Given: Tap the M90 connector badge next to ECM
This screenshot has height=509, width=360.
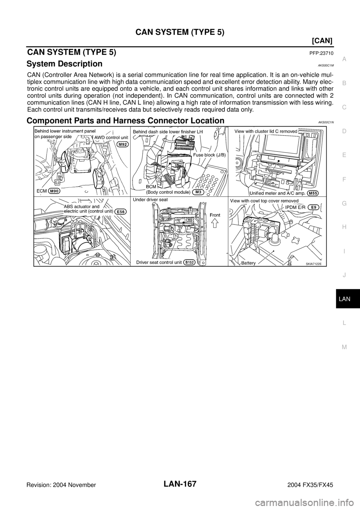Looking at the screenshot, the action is [x=54, y=191].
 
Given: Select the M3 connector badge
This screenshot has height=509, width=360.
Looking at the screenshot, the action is [x=198, y=192].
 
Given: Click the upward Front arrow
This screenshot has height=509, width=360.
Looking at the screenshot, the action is [x=215, y=224].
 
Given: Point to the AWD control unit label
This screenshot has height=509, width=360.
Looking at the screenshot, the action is [x=111, y=137].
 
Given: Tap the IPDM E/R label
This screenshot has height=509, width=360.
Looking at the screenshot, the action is [x=297, y=207].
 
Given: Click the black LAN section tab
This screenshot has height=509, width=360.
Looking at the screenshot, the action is [x=348, y=299].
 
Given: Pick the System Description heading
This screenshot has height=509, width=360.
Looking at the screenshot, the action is [x=64, y=64].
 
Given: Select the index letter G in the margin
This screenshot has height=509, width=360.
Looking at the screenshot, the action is [x=344, y=204].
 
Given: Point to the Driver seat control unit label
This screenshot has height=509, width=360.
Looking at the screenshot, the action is [x=159, y=262].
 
